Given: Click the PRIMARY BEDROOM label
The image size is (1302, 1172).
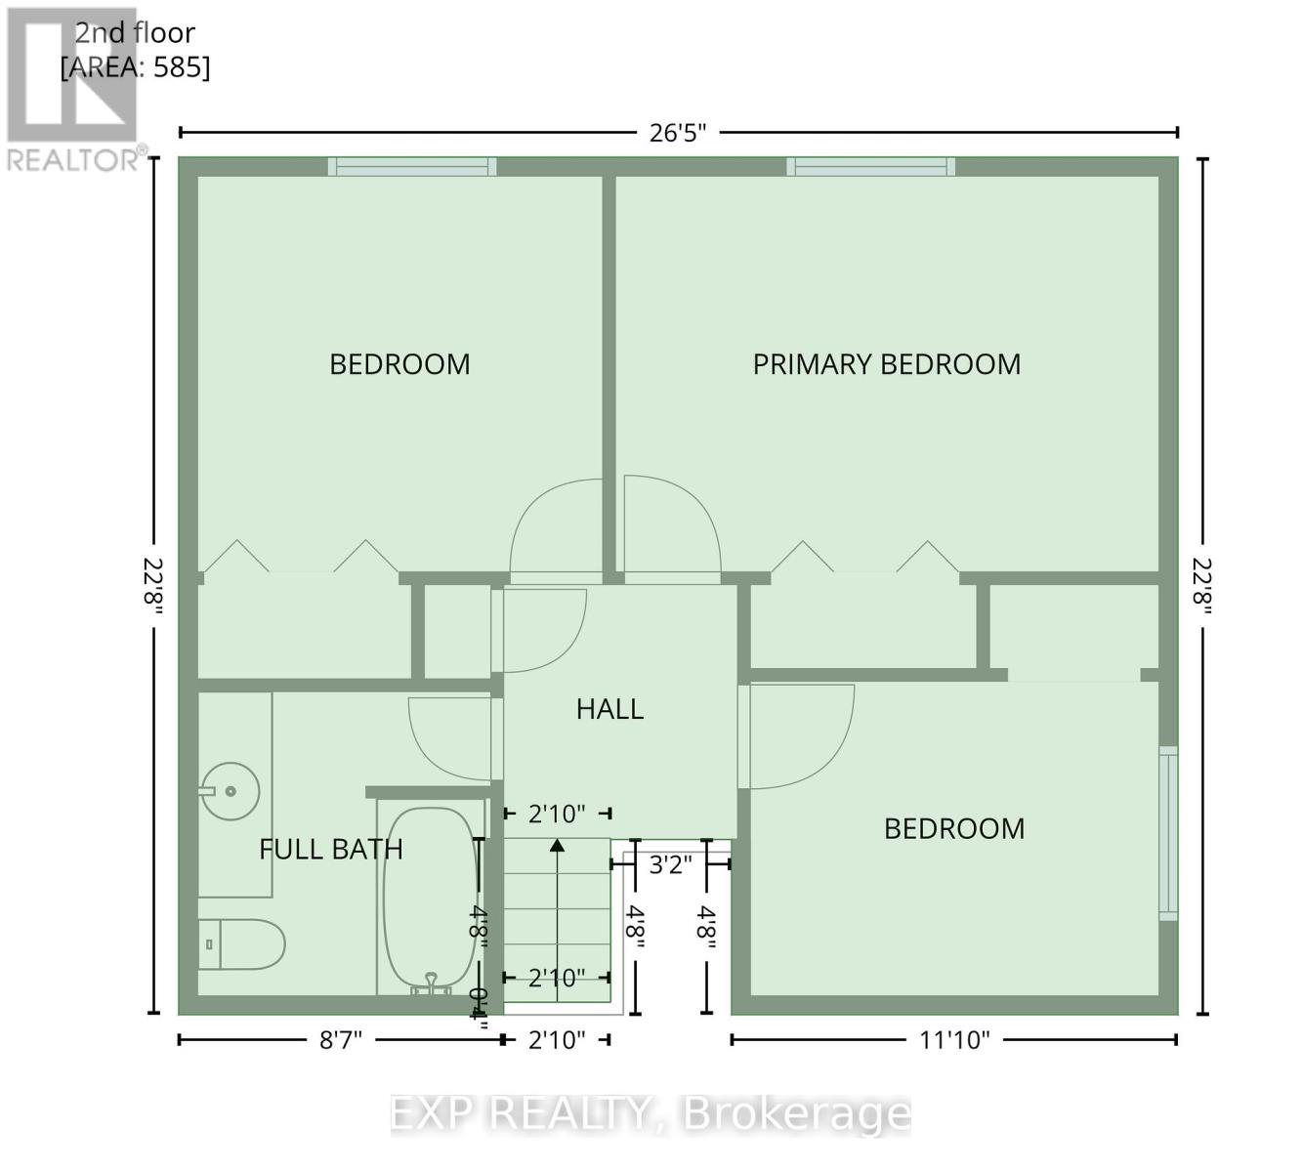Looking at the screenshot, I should [x=886, y=364].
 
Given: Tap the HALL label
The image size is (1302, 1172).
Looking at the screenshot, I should [x=609, y=709].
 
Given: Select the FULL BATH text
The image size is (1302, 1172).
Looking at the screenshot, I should [x=330, y=849].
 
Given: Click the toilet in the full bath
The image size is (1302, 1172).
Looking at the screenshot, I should [x=241, y=944].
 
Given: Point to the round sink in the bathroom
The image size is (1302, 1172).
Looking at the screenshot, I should [x=231, y=789].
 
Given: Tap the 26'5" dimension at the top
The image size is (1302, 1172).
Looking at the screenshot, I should [x=677, y=133].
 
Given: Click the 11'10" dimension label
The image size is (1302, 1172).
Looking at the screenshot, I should [x=953, y=1040].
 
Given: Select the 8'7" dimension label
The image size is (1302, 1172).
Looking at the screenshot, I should [x=340, y=1040].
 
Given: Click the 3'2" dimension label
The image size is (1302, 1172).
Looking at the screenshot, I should [x=670, y=864].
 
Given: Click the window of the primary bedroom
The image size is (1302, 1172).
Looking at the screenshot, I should [x=871, y=167].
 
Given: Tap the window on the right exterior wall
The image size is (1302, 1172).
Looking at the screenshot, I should [x=1168, y=833].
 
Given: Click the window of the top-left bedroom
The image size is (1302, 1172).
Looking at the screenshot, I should [x=411, y=167].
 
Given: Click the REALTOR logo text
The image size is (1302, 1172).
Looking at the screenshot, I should [x=73, y=159].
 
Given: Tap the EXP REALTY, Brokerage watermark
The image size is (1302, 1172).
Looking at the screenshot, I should [x=651, y=1113].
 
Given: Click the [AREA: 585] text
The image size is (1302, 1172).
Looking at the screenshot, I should [x=135, y=67].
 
